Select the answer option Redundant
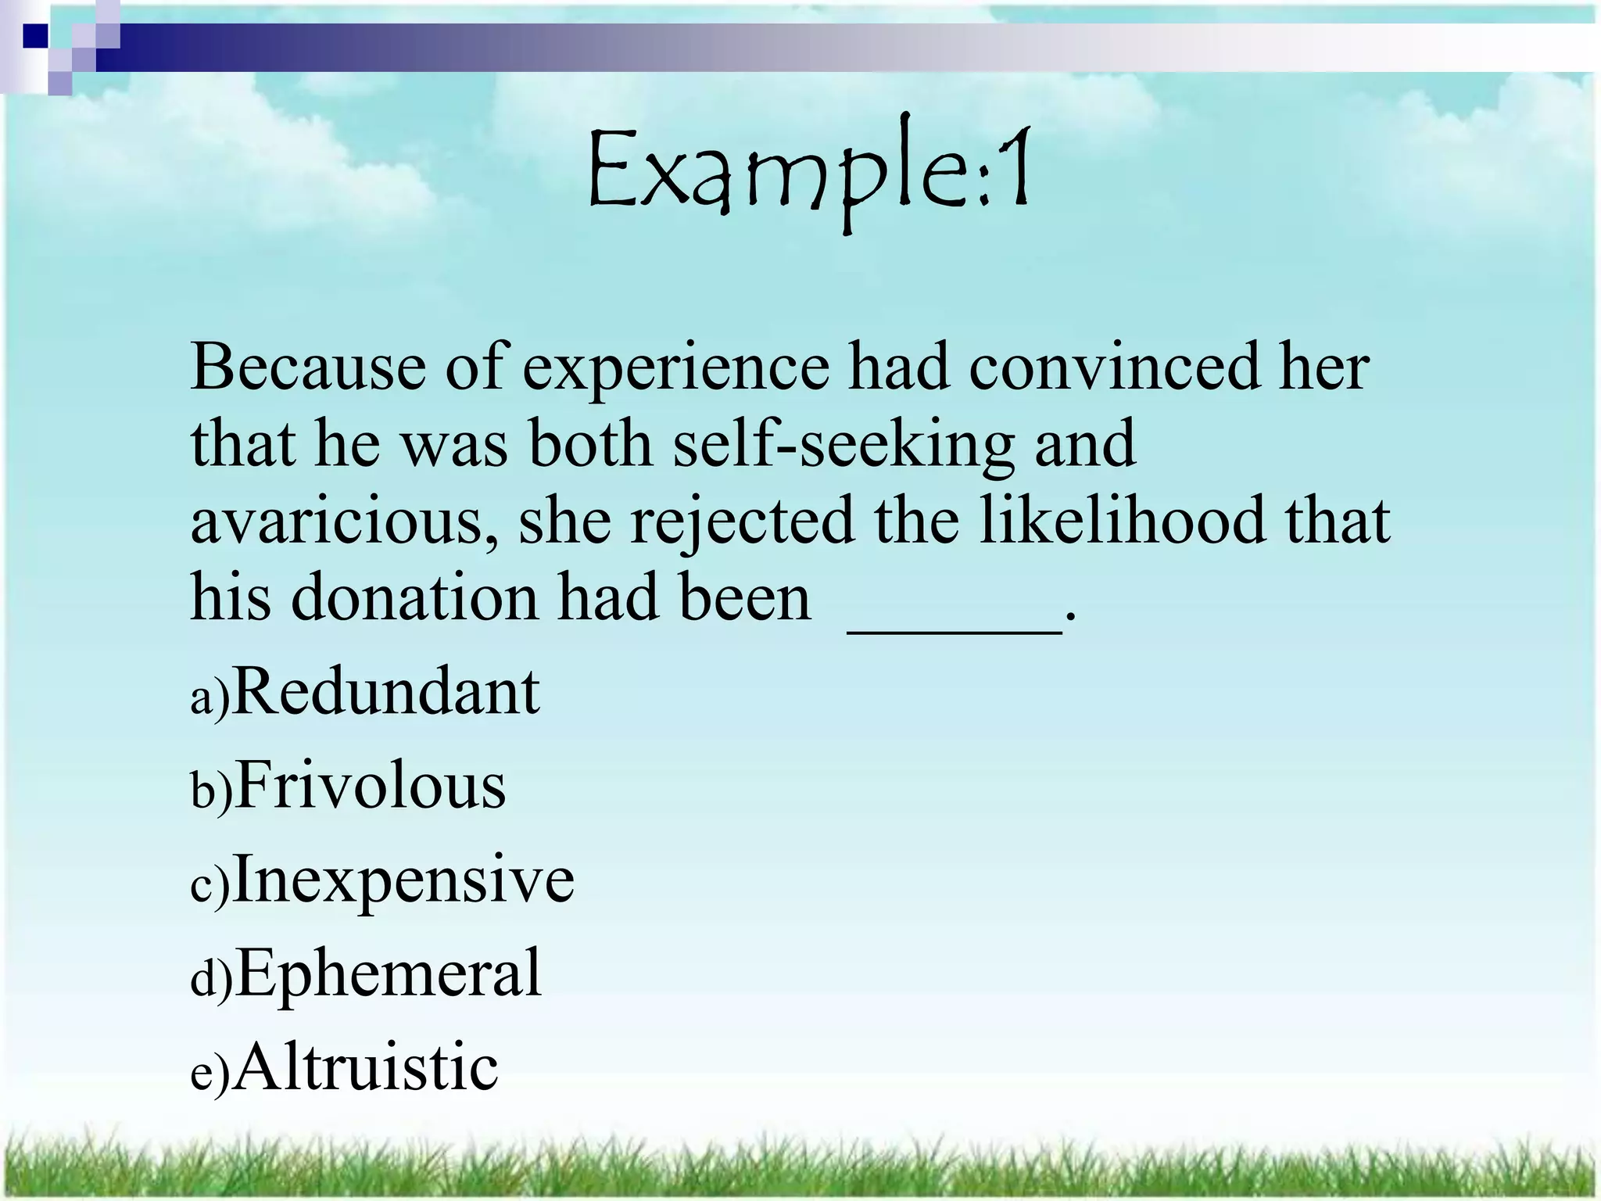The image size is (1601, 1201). coord(386,693)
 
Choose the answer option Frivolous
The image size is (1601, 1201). coord(371,787)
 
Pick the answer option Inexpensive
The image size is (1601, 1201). coord(403,880)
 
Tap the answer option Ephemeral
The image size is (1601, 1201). coord(388,974)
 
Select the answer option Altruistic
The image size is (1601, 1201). coord(366,1068)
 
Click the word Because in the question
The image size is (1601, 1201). coord(308,367)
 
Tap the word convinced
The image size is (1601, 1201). coord(1113,367)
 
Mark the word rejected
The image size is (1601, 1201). coord(742,522)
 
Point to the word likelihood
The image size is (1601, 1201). coord(1121,521)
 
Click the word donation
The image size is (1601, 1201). coord(414,599)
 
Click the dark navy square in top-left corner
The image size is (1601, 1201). coord(36,36)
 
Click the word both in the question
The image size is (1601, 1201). coord(590,444)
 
